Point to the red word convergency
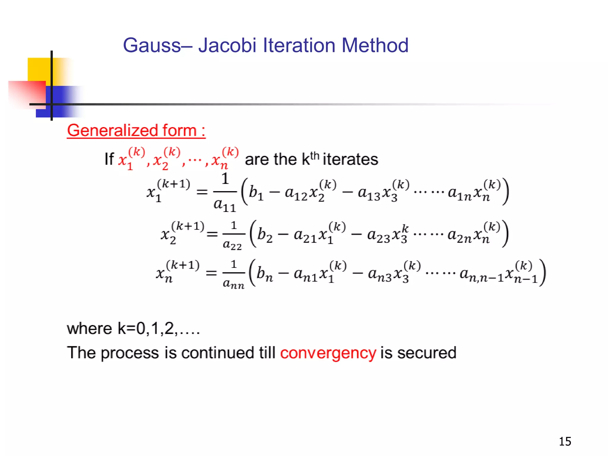[x=328, y=353]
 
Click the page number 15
[x=565, y=441]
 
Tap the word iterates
[x=350, y=159]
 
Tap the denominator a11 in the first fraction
[x=225, y=205]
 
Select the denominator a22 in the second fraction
[x=232, y=245]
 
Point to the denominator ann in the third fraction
[x=234, y=284]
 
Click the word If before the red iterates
[x=109, y=159]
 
